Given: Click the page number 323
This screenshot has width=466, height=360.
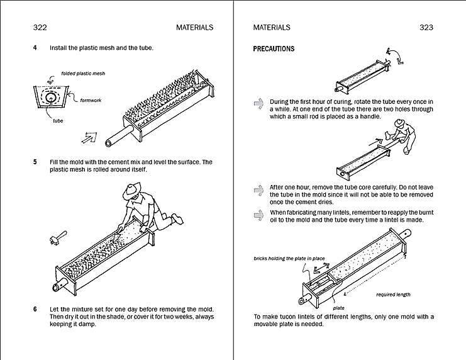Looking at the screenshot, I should pyautogui.click(x=426, y=27).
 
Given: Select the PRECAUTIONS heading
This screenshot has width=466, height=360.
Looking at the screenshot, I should pyautogui.click(x=274, y=49).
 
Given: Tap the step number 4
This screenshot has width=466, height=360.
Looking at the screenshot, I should pyautogui.click(x=35, y=48).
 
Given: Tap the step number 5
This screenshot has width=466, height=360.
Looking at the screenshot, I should pyautogui.click(x=35, y=162).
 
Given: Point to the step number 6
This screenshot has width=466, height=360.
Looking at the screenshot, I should pyautogui.click(x=35, y=309).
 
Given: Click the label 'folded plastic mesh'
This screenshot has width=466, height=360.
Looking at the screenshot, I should pyautogui.click(x=83, y=74).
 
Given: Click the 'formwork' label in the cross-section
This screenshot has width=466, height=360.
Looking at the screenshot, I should pyautogui.click(x=91, y=99).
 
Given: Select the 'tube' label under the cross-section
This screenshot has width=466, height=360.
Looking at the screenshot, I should pyautogui.click(x=49, y=121).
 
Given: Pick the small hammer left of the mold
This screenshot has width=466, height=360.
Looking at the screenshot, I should pyautogui.click(x=55, y=238).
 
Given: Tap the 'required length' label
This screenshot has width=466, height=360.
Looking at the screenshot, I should pyautogui.click(x=393, y=294).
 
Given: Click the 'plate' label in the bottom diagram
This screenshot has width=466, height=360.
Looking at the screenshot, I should pyautogui.click(x=338, y=308).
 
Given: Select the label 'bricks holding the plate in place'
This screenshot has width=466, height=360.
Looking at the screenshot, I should pyautogui.click(x=280, y=259).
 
